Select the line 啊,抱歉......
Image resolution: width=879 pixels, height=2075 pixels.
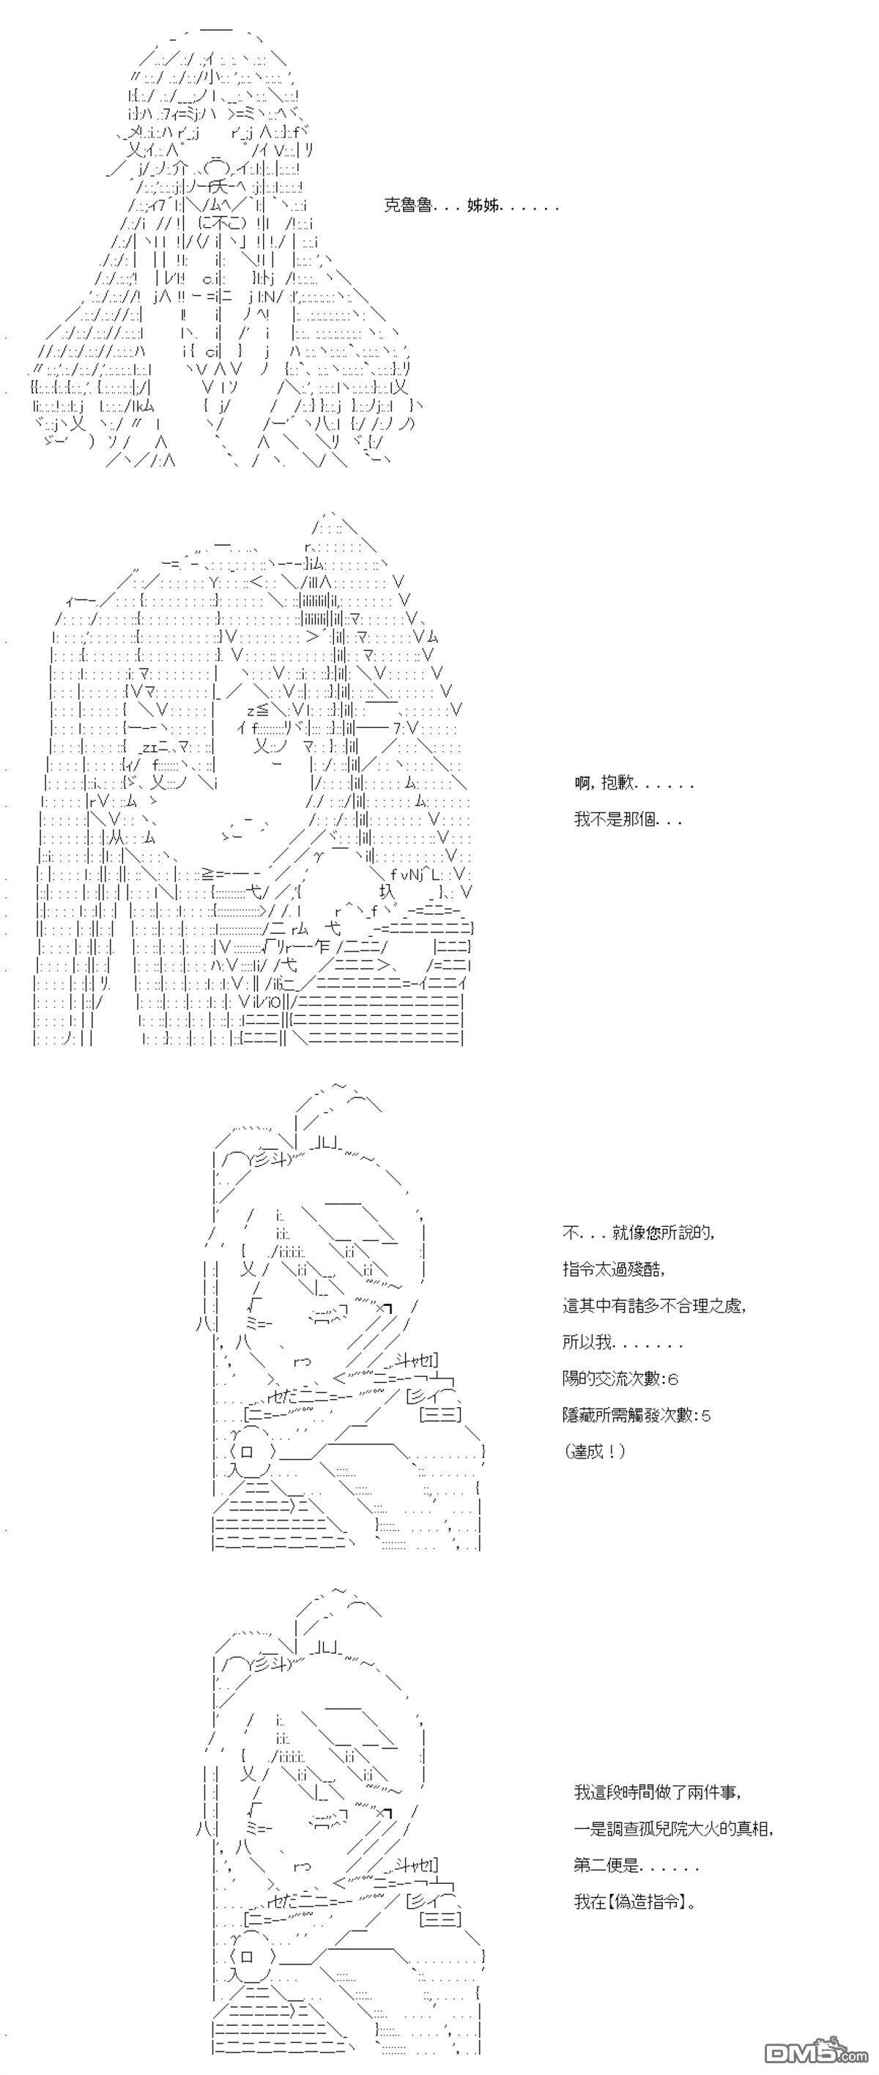click(x=634, y=782)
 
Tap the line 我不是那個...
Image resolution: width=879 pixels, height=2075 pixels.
click(x=628, y=820)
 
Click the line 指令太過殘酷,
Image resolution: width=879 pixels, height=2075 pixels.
click(x=615, y=1269)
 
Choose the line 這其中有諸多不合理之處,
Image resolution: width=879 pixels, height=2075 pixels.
click(x=654, y=1306)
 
